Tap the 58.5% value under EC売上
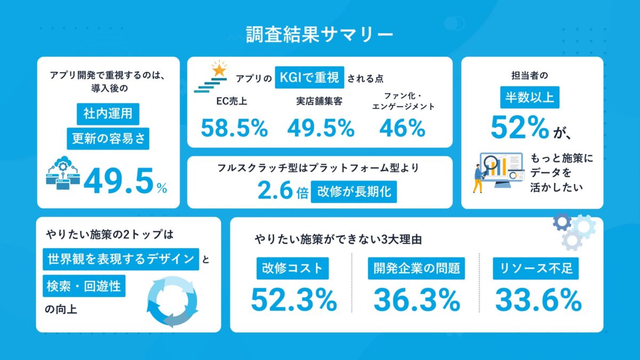(234, 129)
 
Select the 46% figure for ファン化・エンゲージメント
(402, 129)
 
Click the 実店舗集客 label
(319, 101)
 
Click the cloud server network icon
(63, 171)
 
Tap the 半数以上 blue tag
(533, 98)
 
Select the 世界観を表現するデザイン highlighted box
(121, 259)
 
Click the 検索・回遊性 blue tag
(84, 286)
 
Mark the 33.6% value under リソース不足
(538, 300)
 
